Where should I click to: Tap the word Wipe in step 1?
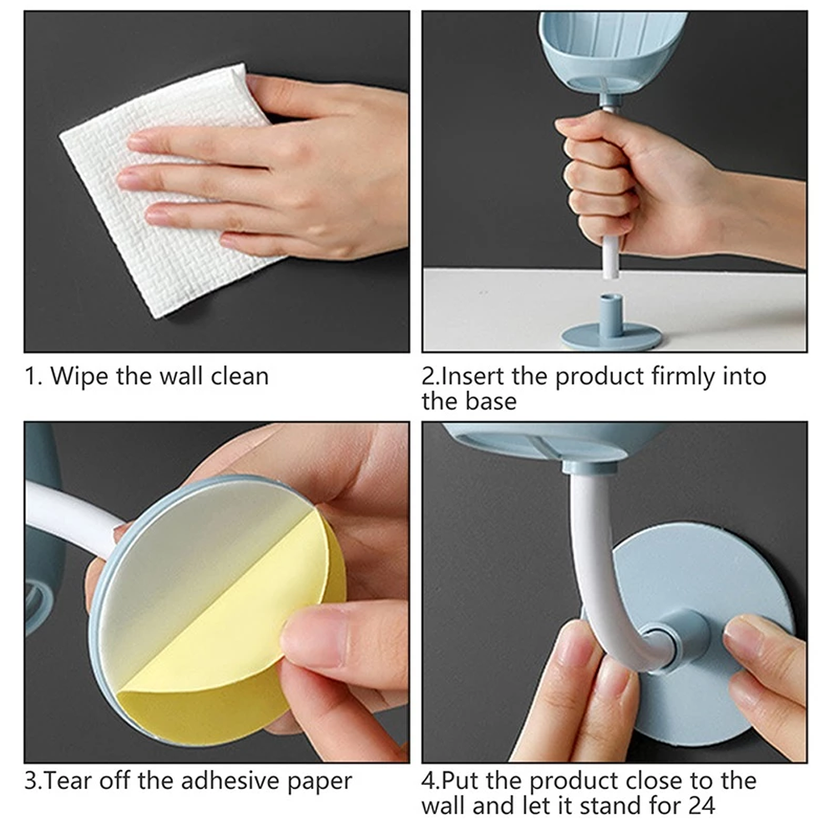pos(79,376)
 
